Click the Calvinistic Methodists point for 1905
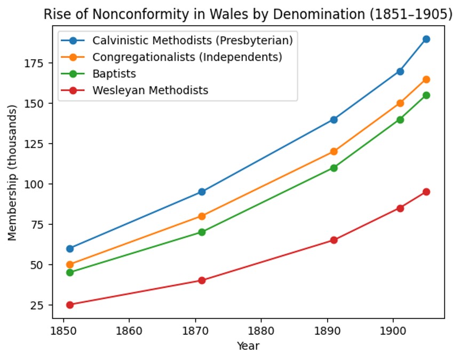click(x=426, y=39)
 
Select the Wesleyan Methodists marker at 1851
click(x=70, y=305)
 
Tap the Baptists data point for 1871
click(x=202, y=232)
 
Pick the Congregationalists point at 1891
click(x=334, y=152)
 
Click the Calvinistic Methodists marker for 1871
click(x=202, y=192)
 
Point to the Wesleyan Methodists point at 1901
click(x=400, y=208)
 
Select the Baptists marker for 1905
click(x=426, y=95)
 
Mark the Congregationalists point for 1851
click(x=70, y=264)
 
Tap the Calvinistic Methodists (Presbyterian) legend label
click(x=193, y=40)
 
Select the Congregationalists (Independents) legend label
click(x=187, y=57)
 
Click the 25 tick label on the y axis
click(x=37, y=305)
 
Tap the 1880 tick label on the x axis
click(x=261, y=331)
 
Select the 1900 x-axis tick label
click(x=393, y=331)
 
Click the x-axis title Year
click(x=248, y=346)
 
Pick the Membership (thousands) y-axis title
click(x=12, y=173)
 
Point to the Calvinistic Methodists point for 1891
click(x=334, y=120)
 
